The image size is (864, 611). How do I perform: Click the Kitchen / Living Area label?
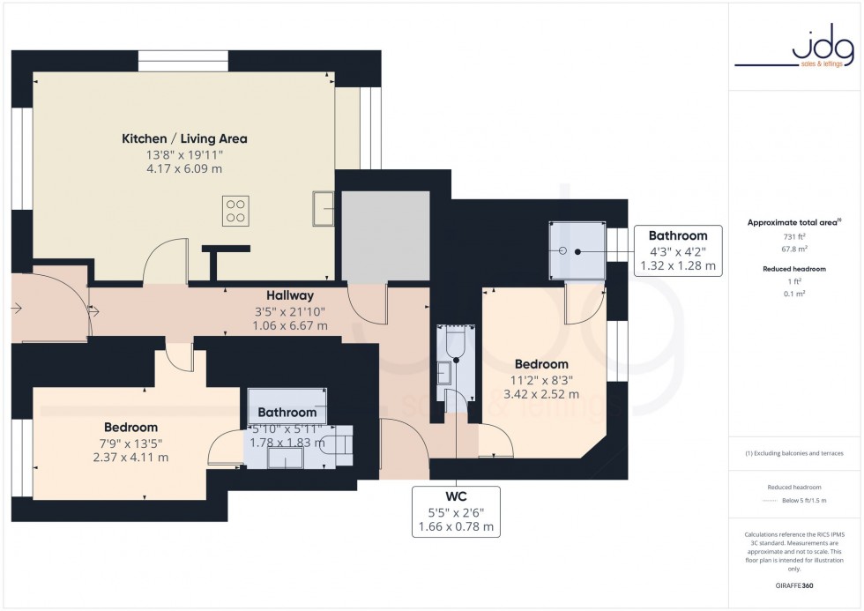point(184,138)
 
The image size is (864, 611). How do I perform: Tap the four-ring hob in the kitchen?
point(235,210)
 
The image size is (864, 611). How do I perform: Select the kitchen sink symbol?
point(322,209)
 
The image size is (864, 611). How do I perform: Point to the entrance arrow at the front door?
point(18,309)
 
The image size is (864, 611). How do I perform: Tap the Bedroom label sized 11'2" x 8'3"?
point(541,363)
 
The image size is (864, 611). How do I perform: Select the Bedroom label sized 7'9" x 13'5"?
point(130,427)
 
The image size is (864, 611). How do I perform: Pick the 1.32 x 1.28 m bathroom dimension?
point(677,265)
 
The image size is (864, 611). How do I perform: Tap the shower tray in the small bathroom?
point(577,251)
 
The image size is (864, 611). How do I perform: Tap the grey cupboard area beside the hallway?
point(384,235)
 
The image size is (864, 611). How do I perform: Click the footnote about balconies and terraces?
point(793,453)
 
